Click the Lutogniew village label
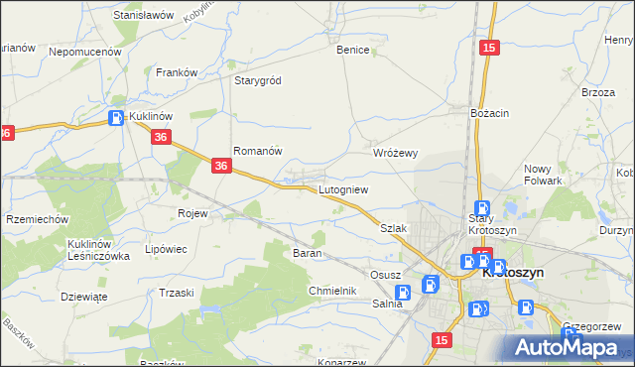point(343,189)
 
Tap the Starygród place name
point(258,80)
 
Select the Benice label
point(352,50)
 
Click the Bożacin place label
point(490,114)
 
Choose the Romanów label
point(258,152)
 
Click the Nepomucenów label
point(84,51)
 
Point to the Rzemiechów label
point(37,219)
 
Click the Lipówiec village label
point(166,249)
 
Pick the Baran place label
point(306,254)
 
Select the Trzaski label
point(177,293)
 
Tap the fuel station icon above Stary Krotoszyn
point(482,207)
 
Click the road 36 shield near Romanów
point(221,170)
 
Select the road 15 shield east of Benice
point(487,48)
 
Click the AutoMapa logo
point(569,347)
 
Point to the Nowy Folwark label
point(544,175)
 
